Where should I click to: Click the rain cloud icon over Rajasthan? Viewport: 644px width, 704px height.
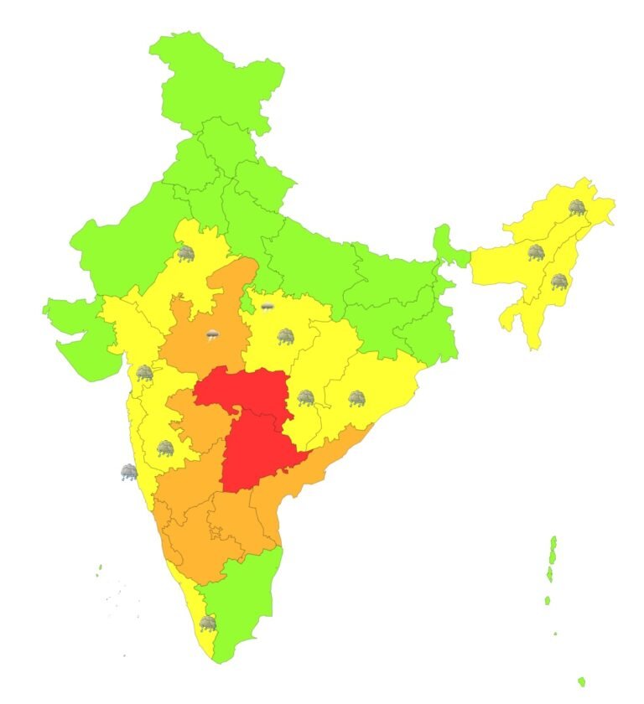[185, 253]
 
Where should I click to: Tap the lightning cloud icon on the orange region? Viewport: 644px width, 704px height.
[214, 336]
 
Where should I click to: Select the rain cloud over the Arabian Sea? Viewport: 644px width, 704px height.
[128, 473]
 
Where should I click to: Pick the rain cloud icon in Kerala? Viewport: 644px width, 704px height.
[207, 624]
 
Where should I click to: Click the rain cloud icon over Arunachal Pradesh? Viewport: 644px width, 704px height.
[577, 207]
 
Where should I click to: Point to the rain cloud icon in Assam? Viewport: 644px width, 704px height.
[535, 251]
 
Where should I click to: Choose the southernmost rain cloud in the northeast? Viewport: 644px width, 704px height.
[558, 282]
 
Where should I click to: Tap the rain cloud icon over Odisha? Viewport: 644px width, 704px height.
[357, 398]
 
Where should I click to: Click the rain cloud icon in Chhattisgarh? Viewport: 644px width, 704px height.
[306, 397]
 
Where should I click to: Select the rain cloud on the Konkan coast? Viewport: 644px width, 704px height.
[145, 373]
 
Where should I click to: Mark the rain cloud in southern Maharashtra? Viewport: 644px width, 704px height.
[165, 448]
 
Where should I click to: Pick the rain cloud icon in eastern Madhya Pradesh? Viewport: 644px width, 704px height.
[285, 337]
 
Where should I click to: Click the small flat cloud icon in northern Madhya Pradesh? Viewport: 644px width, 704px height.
[267, 307]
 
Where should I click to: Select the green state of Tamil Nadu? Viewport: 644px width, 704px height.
[243, 603]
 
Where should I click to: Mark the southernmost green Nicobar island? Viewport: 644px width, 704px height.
[581, 681]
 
